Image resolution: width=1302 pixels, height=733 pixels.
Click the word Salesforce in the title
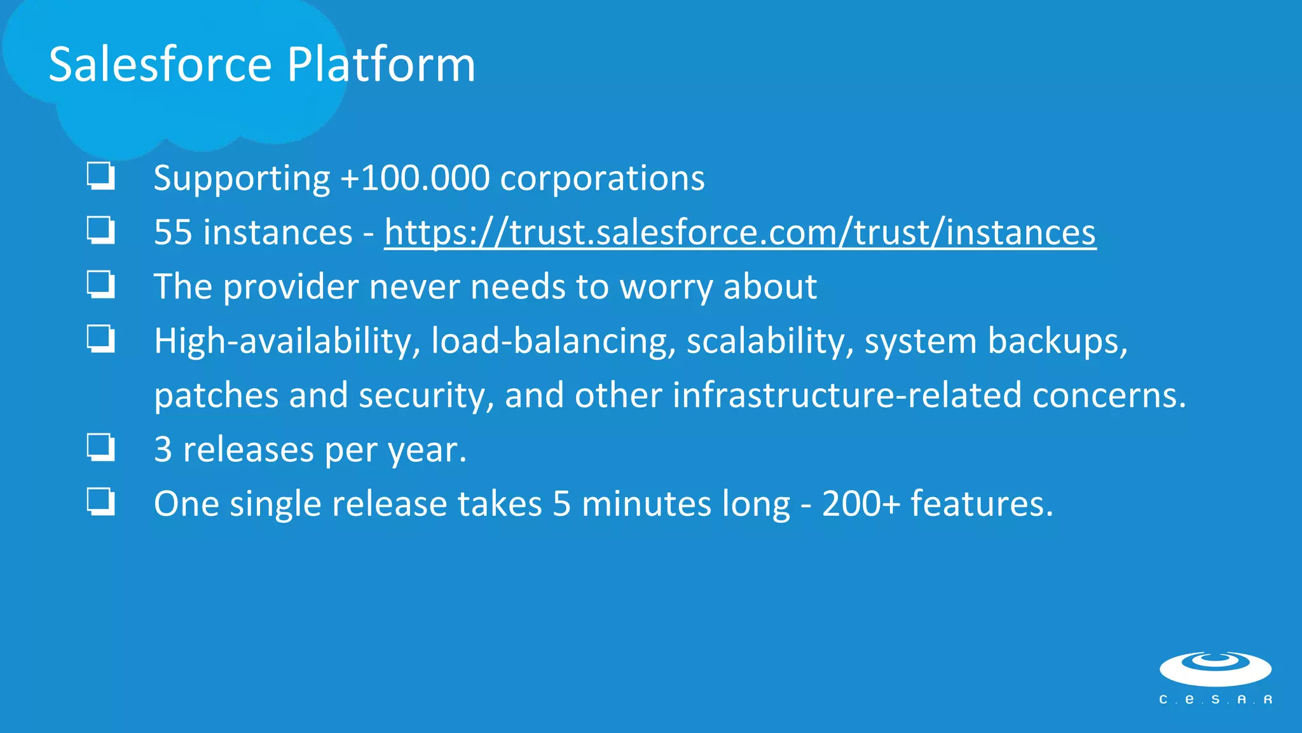160,65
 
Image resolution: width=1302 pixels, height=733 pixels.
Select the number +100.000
415,178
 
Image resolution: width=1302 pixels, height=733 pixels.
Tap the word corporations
602,178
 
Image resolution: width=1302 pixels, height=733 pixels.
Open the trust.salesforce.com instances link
740,232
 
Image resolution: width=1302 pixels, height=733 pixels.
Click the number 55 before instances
173,232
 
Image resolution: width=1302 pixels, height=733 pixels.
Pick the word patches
216,396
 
